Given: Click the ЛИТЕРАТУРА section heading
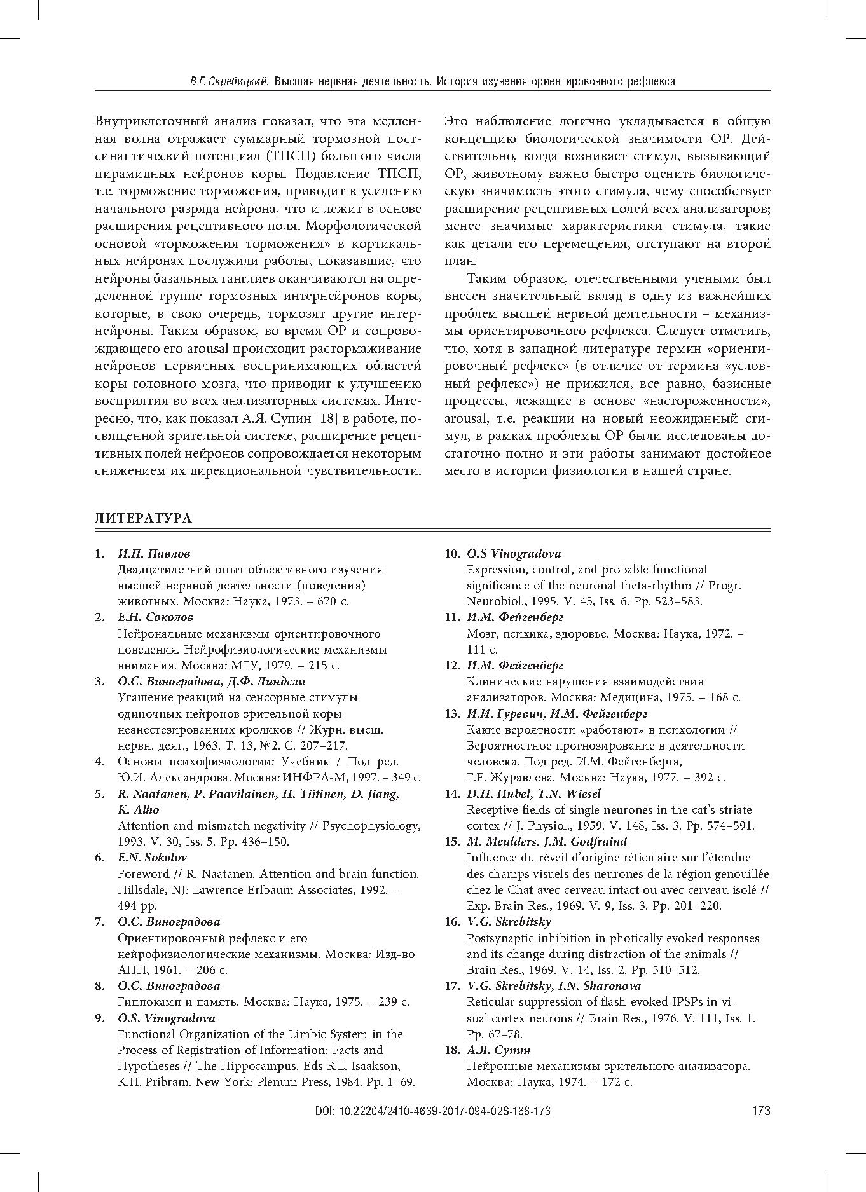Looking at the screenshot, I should (143, 518).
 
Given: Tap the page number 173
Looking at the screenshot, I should (760, 1111).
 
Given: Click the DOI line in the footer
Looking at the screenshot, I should (432, 1111).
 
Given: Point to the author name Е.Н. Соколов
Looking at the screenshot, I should (156, 617).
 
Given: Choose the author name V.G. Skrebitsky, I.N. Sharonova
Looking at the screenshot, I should (554, 985).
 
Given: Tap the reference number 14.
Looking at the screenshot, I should (451, 793).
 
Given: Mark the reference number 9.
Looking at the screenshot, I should (100, 1018).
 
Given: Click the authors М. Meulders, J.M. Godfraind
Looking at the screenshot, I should (547, 841).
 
